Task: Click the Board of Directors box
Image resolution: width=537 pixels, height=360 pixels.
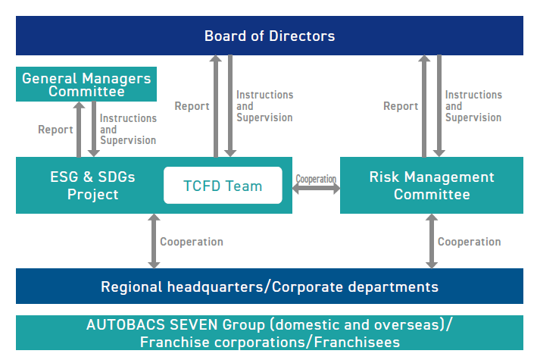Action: (270, 36)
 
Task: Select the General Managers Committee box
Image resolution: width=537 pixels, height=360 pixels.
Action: (86, 84)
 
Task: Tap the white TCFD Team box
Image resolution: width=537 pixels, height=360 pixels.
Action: (223, 185)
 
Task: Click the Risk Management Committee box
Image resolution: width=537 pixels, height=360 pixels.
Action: (432, 185)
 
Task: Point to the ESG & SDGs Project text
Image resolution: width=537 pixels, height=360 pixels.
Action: (93, 186)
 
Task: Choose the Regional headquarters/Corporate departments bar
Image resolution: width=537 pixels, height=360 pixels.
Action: (270, 286)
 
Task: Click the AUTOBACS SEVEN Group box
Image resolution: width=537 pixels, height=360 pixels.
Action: (270, 333)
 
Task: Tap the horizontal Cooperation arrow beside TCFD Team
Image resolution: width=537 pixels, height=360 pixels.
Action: (316, 188)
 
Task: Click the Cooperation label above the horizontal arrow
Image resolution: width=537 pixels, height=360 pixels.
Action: (316, 179)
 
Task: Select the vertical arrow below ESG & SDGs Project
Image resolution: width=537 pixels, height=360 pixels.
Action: (154, 241)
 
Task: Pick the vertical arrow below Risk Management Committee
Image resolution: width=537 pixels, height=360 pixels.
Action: (432, 241)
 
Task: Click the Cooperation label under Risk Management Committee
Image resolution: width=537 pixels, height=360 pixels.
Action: (469, 242)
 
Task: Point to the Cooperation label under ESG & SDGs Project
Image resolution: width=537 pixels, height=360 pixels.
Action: (192, 242)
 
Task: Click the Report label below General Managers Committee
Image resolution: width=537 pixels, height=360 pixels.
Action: (55, 130)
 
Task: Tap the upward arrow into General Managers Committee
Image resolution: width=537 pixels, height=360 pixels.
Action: (79, 130)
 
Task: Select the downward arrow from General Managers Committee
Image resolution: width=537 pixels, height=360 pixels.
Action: (94, 130)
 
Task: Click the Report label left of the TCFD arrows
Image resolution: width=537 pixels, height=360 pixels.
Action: (192, 106)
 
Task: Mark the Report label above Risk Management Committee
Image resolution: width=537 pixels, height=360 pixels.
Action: (401, 106)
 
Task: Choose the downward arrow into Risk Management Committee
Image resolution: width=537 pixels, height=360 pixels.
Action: (439, 105)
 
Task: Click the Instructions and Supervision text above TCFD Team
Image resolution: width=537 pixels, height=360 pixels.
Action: (265, 106)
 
